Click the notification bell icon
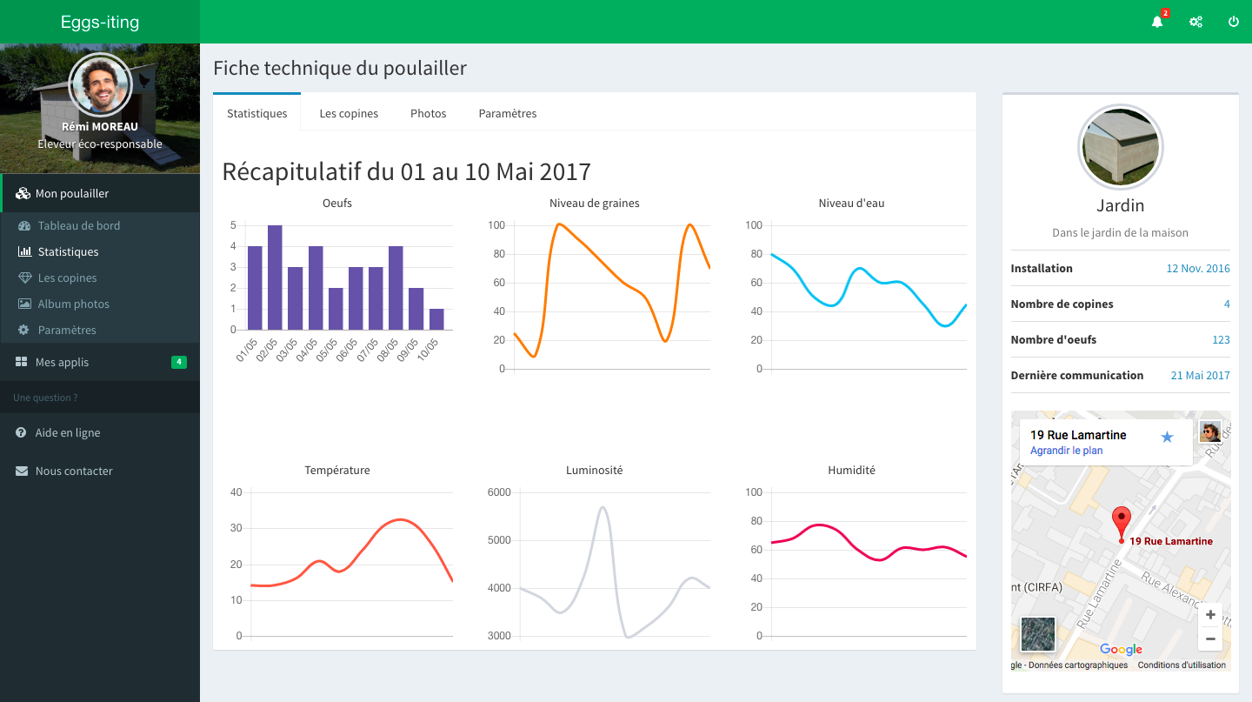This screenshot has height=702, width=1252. [x=1157, y=22]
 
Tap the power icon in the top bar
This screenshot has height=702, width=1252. [x=1234, y=22]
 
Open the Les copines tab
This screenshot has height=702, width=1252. [x=349, y=114]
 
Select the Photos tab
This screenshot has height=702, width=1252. [x=429, y=114]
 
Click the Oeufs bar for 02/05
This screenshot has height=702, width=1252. [x=275, y=277]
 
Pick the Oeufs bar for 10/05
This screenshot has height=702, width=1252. [x=436, y=319]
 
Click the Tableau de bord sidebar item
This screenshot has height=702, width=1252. [x=79, y=226]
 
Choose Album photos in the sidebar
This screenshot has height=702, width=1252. [x=74, y=304]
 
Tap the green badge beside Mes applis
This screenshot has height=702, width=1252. [x=178, y=362]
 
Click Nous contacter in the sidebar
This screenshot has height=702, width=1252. [x=74, y=471]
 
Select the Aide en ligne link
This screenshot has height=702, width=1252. [x=68, y=433]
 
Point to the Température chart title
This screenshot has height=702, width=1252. [x=337, y=471]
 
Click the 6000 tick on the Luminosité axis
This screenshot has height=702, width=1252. [x=499, y=492]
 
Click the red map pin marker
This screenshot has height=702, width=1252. [x=1122, y=522]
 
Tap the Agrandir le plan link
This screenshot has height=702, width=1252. [x=1066, y=451]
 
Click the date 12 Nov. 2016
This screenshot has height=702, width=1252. [x=1198, y=269]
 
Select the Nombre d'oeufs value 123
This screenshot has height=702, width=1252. [x=1221, y=340]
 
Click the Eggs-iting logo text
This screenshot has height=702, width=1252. [x=100, y=23]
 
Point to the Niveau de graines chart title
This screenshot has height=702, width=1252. [x=595, y=204]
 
